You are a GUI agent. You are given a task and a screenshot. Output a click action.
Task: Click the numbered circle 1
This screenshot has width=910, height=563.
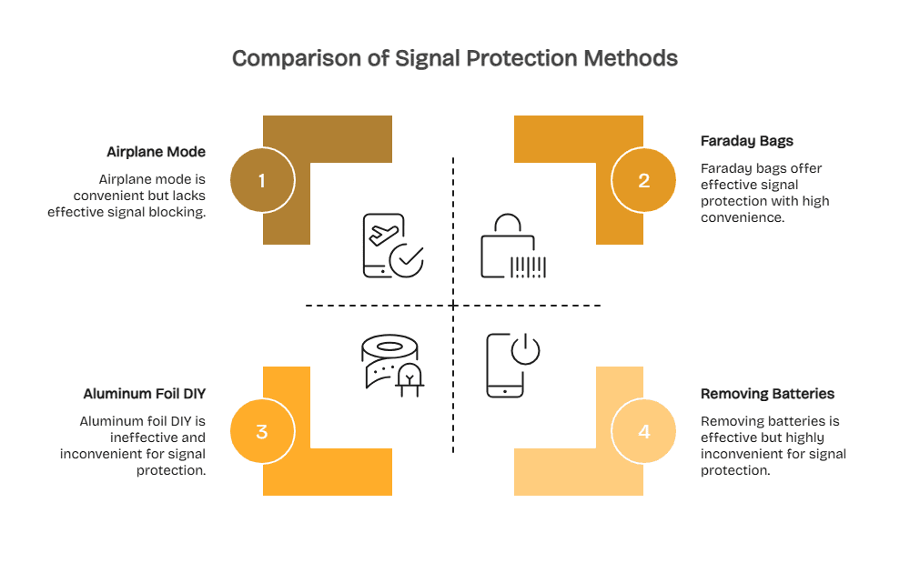pyautogui.click(x=262, y=180)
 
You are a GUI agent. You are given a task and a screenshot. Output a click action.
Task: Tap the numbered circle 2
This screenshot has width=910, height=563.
pyautogui.click(x=643, y=180)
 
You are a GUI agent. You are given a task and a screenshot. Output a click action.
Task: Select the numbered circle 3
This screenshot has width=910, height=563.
pyautogui.click(x=262, y=431)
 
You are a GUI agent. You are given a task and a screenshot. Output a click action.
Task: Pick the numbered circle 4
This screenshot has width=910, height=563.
pyautogui.click(x=643, y=431)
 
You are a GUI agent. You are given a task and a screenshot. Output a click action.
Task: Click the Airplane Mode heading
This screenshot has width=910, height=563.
pyautogui.click(x=156, y=152)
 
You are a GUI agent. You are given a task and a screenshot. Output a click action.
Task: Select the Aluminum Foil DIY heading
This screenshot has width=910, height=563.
pyautogui.click(x=144, y=394)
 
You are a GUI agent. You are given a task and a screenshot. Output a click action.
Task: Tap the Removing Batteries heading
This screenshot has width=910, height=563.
pyautogui.click(x=767, y=394)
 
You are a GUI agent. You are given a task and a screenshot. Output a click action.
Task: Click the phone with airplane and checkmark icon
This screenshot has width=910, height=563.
pyautogui.click(x=392, y=245)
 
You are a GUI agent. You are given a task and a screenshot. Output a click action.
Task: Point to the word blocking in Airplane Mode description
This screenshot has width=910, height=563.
pyautogui.click(x=178, y=212)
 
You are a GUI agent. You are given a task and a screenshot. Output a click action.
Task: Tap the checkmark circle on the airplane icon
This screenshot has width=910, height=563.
pyautogui.click(x=406, y=259)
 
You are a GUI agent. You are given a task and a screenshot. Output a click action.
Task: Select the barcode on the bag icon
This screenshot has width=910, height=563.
pyautogui.click(x=528, y=266)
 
